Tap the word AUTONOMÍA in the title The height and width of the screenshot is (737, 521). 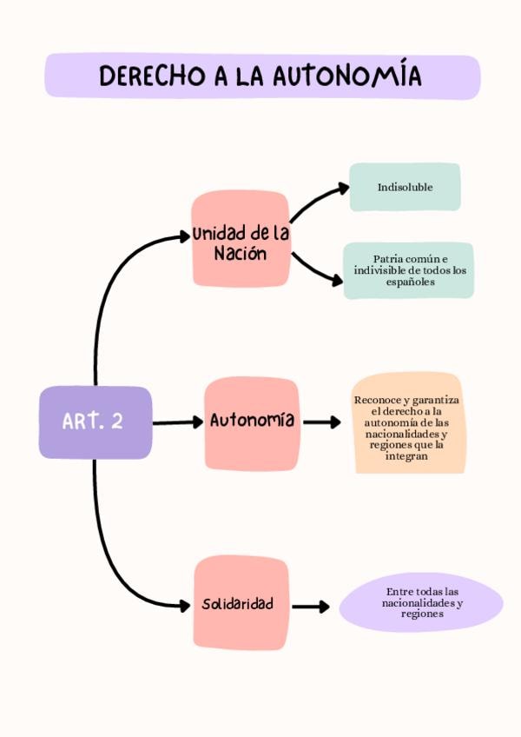click(347, 76)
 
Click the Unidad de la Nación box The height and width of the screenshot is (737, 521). click(240, 240)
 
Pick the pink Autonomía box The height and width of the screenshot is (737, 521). click(252, 423)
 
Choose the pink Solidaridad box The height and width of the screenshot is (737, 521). click(241, 604)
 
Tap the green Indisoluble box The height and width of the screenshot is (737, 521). click(405, 187)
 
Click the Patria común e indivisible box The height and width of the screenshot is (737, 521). click(409, 270)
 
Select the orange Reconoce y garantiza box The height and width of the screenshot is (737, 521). click(407, 423)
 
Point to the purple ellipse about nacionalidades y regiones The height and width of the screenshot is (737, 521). click(421, 602)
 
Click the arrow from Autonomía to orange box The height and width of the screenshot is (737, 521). click(322, 422)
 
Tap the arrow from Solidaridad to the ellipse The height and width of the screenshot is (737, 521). click(311, 607)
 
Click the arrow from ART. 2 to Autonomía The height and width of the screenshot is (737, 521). click(177, 423)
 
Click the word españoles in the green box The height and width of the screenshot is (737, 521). click(410, 282)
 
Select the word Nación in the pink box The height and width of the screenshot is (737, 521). click(240, 255)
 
